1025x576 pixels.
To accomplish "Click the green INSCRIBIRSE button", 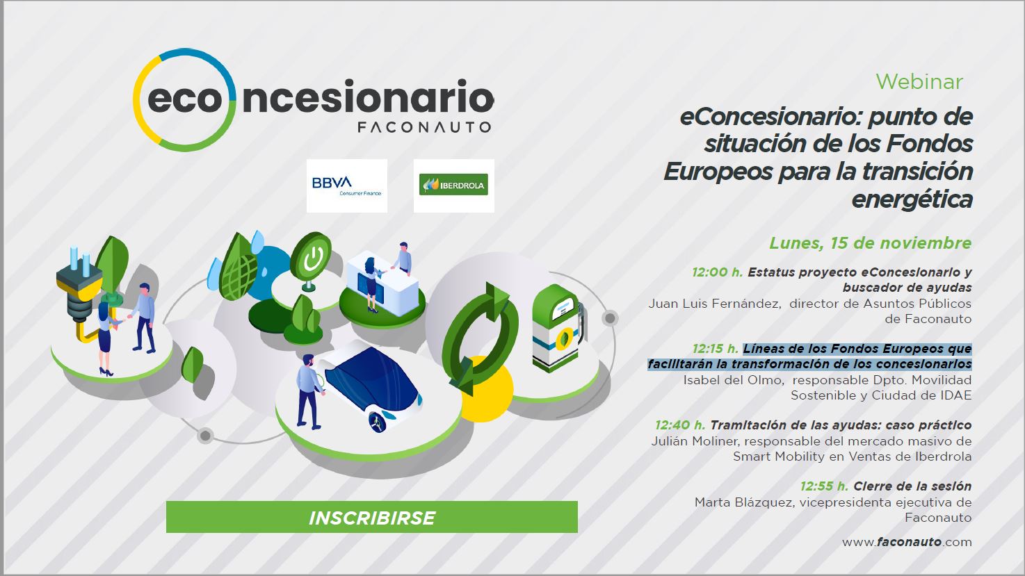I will pyautogui.click(x=371, y=518).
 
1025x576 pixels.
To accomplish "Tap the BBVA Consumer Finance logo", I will pyautogui.click(x=346, y=186).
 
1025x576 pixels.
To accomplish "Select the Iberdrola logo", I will pyautogui.click(x=453, y=186).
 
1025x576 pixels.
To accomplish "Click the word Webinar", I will pyautogui.click(x=919, y=81).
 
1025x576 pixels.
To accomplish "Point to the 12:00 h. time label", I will pyautogui.click(x=717, y=272).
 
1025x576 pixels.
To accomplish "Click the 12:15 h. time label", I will pyautogui.click(x=715, y=349).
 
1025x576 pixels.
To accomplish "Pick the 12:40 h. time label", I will pyautogui.click(x=679, y=425).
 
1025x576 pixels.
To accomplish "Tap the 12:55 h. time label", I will pyautogui.click(x=824, y=486).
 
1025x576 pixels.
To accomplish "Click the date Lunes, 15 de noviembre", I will pyautogui.click(x=870, y=243).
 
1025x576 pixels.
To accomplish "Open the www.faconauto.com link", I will pyautogui.click(x=907, y=542).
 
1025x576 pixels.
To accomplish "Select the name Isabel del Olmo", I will pyautogui.click(x=734, y=380).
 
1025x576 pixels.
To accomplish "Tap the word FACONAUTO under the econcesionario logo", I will pyautogui.click(x=423, y=127).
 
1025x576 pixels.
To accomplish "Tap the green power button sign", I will pyautogui.click(x=310, y=258).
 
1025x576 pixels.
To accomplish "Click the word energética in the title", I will pyautogui.click(x=911, y=199).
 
